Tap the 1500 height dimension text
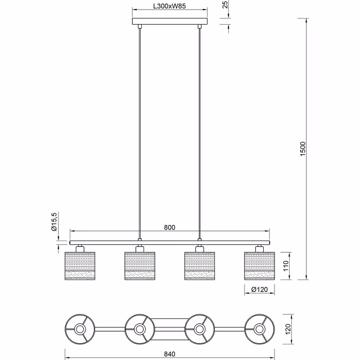[x=302, y=148]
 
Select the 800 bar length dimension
[x=170, y=228]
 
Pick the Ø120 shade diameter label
[x=259, y=290]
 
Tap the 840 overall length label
[x=170, y=354]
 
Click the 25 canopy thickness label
[x=226, y=6]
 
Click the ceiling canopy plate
[x=170, y=22]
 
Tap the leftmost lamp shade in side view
[x=80, y=265]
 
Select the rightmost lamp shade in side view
[x=259, y=265]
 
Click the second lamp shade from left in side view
[x=139, y=265]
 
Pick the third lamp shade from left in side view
[x=200, y=265]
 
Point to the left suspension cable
[x=139, y=129]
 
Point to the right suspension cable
[x=200, y=129]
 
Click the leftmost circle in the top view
[x=80, y=328]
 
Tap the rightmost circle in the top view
[x=259, y=328]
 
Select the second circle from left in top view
[x=139, y=328]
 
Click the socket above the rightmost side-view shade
[x=259, y=247]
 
